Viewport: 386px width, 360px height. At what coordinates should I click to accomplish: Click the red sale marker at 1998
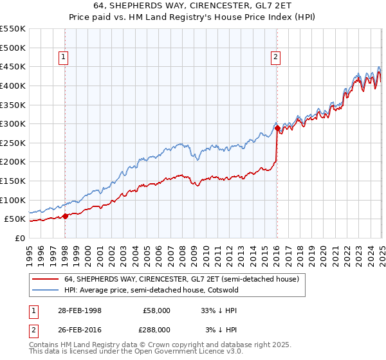[x=65, y=216]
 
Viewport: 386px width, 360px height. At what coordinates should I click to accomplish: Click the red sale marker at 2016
[x=277, y=129]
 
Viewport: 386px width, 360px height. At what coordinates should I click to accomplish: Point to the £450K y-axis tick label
[x=13, y=66]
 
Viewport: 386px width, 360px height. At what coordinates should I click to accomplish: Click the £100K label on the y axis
[x=13, y=200]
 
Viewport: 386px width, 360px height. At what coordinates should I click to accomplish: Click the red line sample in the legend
[x=46, y=280]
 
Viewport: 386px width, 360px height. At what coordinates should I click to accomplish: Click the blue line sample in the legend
[x=46, y=290]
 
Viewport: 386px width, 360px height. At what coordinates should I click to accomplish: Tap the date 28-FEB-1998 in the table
[x=78, y=310]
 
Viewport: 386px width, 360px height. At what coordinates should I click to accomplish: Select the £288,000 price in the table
[x=157, y=329]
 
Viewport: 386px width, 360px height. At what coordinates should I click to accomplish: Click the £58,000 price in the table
[x=157, y=310]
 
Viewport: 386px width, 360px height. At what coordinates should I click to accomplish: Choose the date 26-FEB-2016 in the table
[x=78, y=329]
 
